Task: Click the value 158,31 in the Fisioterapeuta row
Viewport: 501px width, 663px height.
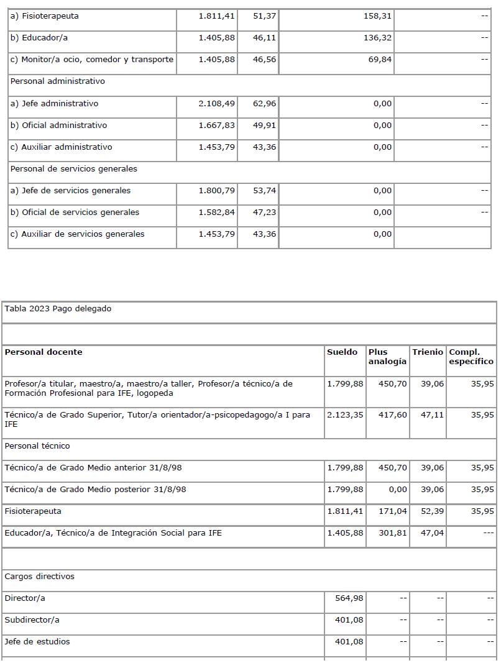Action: [377, 16]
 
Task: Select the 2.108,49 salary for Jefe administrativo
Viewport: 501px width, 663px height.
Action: [216, 104]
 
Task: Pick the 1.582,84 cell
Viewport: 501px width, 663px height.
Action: [216, 213]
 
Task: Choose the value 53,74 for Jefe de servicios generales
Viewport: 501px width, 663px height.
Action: [264, 191]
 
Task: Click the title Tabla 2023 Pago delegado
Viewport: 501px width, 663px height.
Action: [58, 309]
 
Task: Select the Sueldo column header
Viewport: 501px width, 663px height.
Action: [342, 352]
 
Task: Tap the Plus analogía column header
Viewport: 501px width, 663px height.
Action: [387, 357]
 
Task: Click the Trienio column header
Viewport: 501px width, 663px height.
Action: [427, 352]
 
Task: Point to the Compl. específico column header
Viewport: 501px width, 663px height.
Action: [471, 357]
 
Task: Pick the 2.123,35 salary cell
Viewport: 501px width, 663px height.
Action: [345, 414]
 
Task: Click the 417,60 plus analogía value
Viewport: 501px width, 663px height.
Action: [392, 414]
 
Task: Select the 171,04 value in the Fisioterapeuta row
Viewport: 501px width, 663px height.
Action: [392, 511]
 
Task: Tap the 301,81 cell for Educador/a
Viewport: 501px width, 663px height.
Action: [392, 533]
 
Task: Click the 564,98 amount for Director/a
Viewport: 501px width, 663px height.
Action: [349, 598]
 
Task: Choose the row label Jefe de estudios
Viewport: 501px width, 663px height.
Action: [37, 642]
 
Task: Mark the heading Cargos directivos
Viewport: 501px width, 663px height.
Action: [39, 577]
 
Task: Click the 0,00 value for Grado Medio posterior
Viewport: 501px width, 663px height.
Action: [398, 490]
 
